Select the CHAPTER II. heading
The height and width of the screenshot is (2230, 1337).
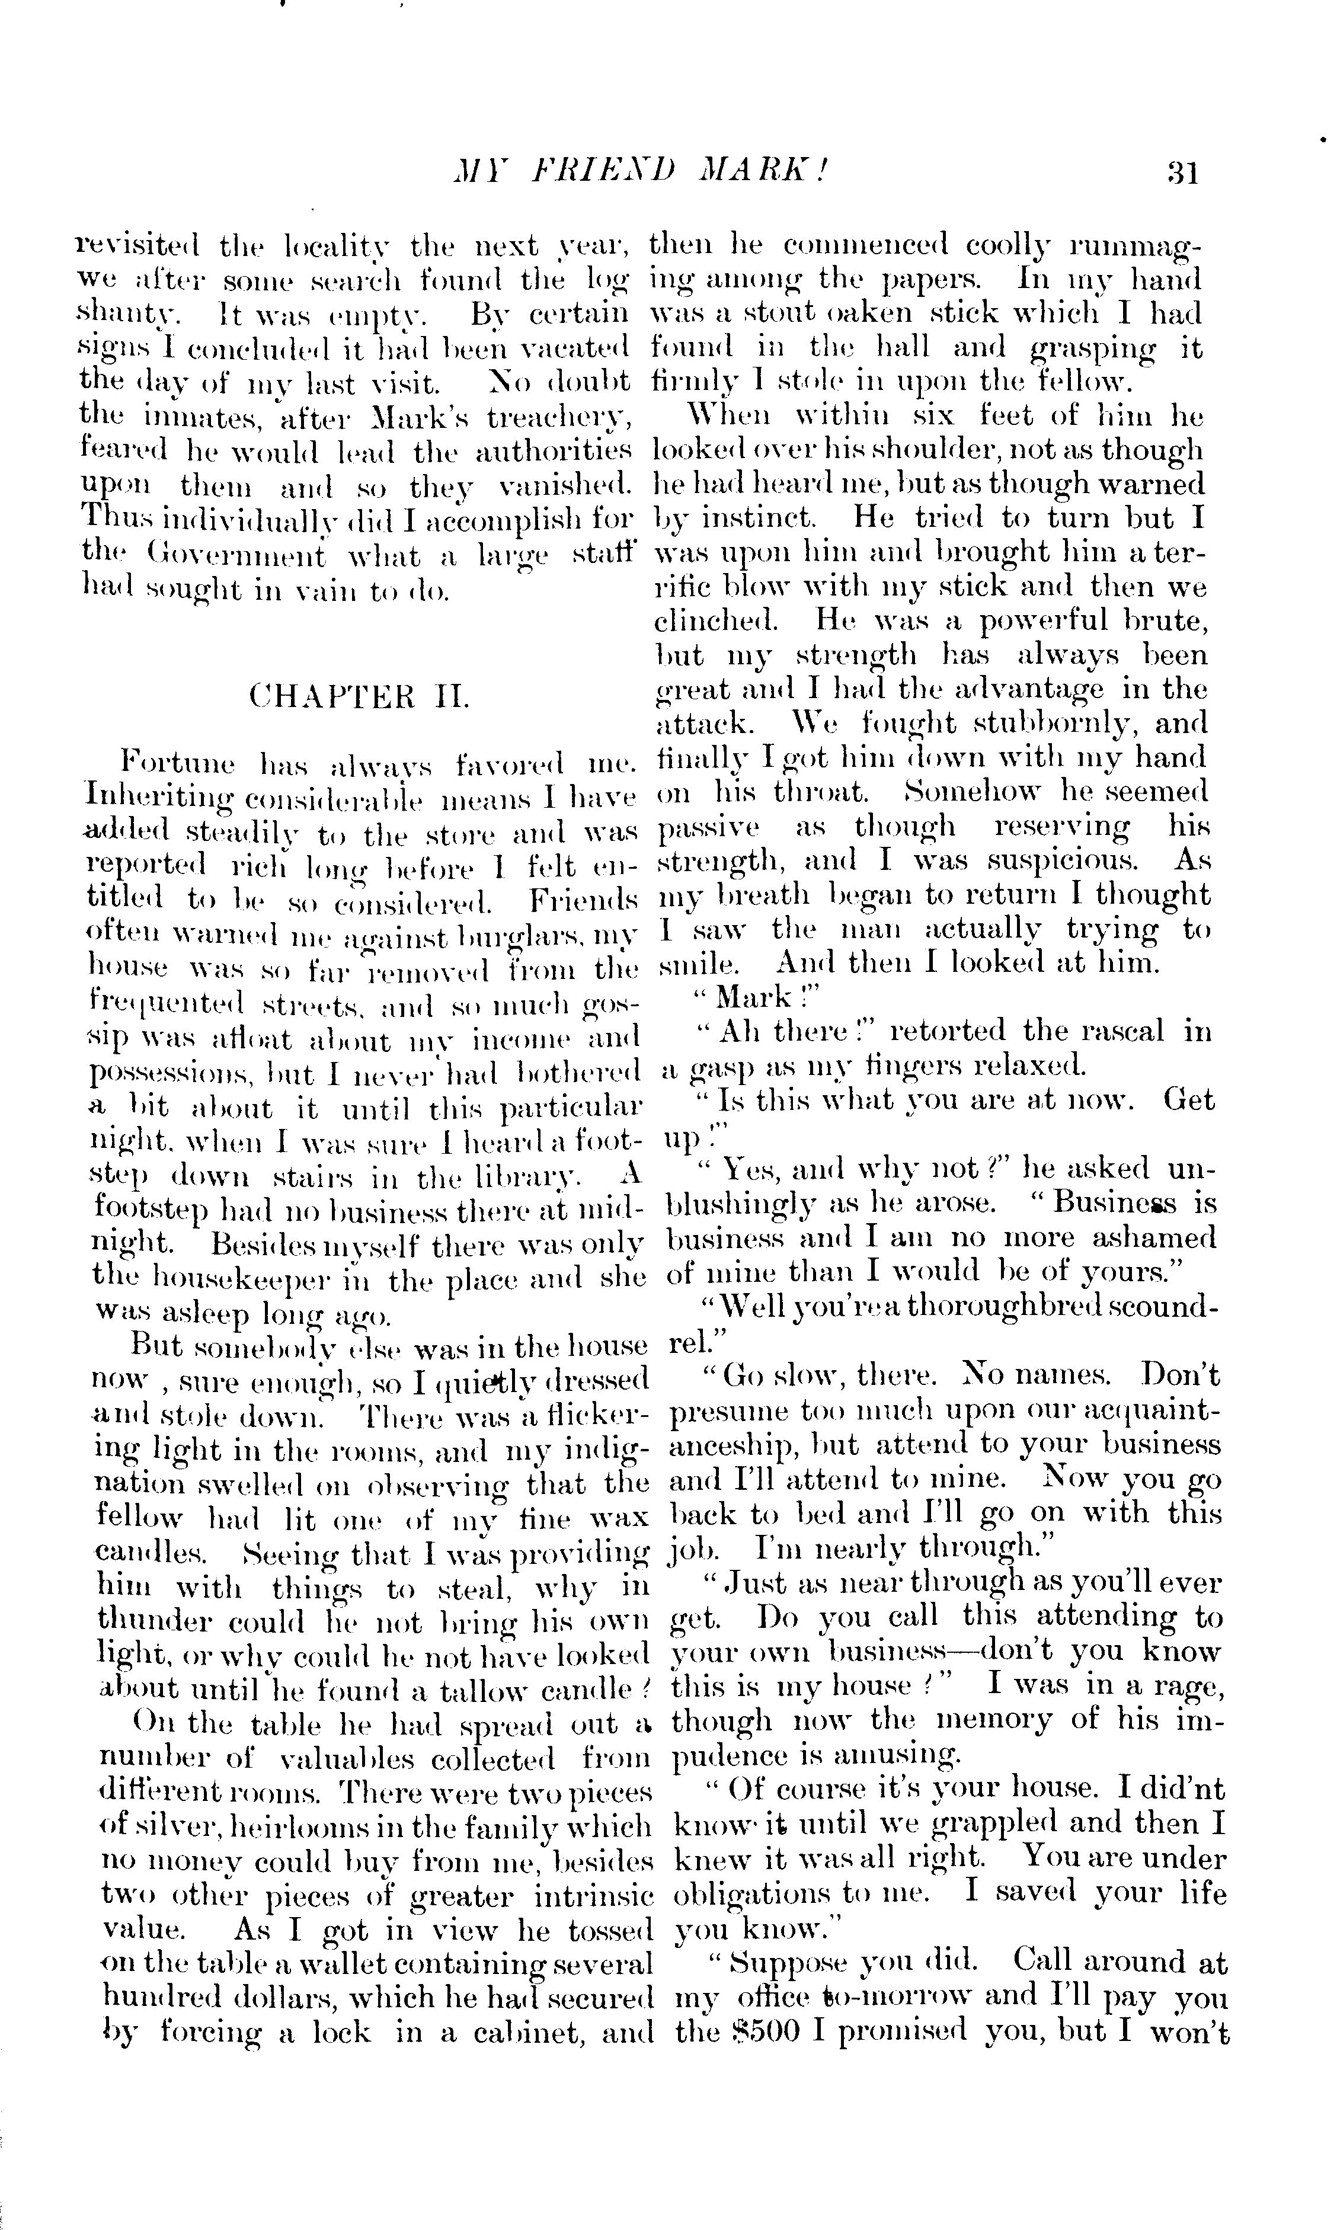click(x=359, y=697)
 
